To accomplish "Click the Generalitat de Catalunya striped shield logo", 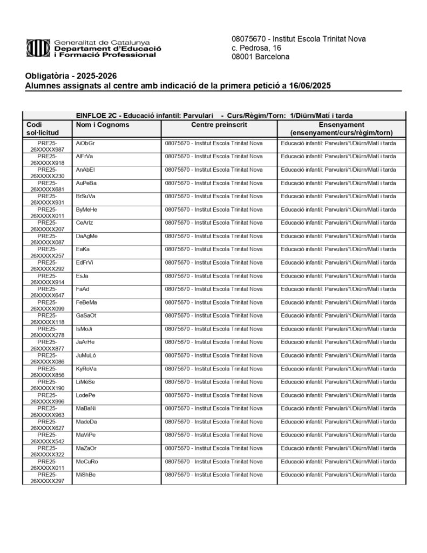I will pos(37,48).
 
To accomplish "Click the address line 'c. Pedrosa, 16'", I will pos(256,48).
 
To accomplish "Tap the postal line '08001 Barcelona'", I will pos(260,57).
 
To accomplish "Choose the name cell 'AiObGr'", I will pos(85,143).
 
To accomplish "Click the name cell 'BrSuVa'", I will pos(86,196).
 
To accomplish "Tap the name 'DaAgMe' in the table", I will pos(87,236).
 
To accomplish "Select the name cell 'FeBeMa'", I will pos(86,302).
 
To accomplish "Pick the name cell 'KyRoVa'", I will pos(86,368).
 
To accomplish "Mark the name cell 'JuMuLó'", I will pos(86,355).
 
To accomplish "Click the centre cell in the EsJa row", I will pos(213,275).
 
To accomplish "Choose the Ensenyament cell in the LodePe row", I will pos(338,395).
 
